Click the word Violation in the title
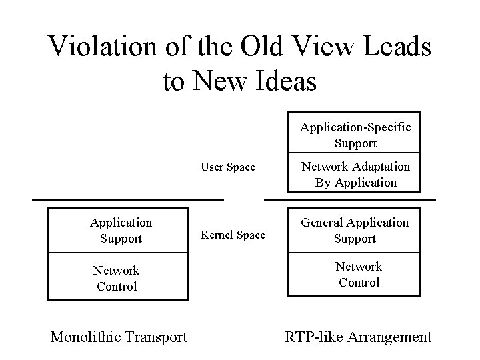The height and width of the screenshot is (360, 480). click(x=101, y=47)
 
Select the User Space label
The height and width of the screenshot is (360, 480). click(x=228, y=167)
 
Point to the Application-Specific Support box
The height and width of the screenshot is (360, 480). click(x=355, y=135)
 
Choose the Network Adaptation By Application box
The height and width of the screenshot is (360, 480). click(x=355, y=174)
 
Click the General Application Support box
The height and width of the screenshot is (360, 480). click(x=355, y=231)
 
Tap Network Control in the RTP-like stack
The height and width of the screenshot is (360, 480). click(x=358, y=274)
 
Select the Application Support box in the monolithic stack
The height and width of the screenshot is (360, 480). click(x=121, y=230)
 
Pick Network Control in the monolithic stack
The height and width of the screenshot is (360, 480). click(x=116, y=278)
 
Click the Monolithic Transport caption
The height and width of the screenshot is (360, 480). click(x=119, y=337)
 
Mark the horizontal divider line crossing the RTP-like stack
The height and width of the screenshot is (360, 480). click(x=350, y=199)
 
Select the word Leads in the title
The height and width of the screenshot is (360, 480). click(x=396, y=47)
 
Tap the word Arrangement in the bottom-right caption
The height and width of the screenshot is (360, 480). click(x=388, y=337)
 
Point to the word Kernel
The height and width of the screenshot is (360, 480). click(x=216, y=235)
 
